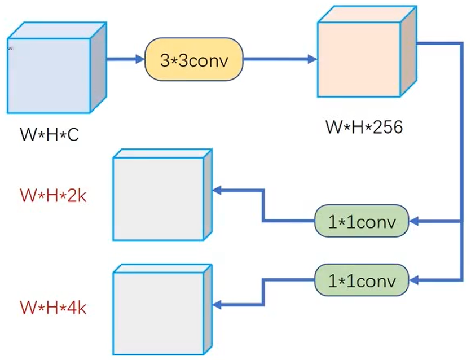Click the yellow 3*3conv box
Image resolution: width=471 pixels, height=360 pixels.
pos(193,59)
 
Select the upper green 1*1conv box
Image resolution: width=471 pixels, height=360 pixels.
pos(361,222)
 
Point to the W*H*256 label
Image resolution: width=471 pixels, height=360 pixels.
pos(364,127)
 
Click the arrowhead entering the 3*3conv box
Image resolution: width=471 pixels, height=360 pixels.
pos(140,59)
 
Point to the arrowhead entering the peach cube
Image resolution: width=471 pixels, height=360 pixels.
pos(312,59)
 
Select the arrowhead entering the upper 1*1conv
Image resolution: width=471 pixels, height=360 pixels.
pos(413,222)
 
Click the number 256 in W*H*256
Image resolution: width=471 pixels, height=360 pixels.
pos(386,127)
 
